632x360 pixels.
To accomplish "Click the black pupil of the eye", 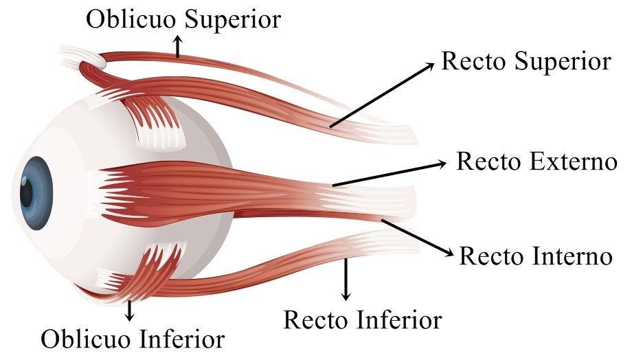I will (x=25, y=192).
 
